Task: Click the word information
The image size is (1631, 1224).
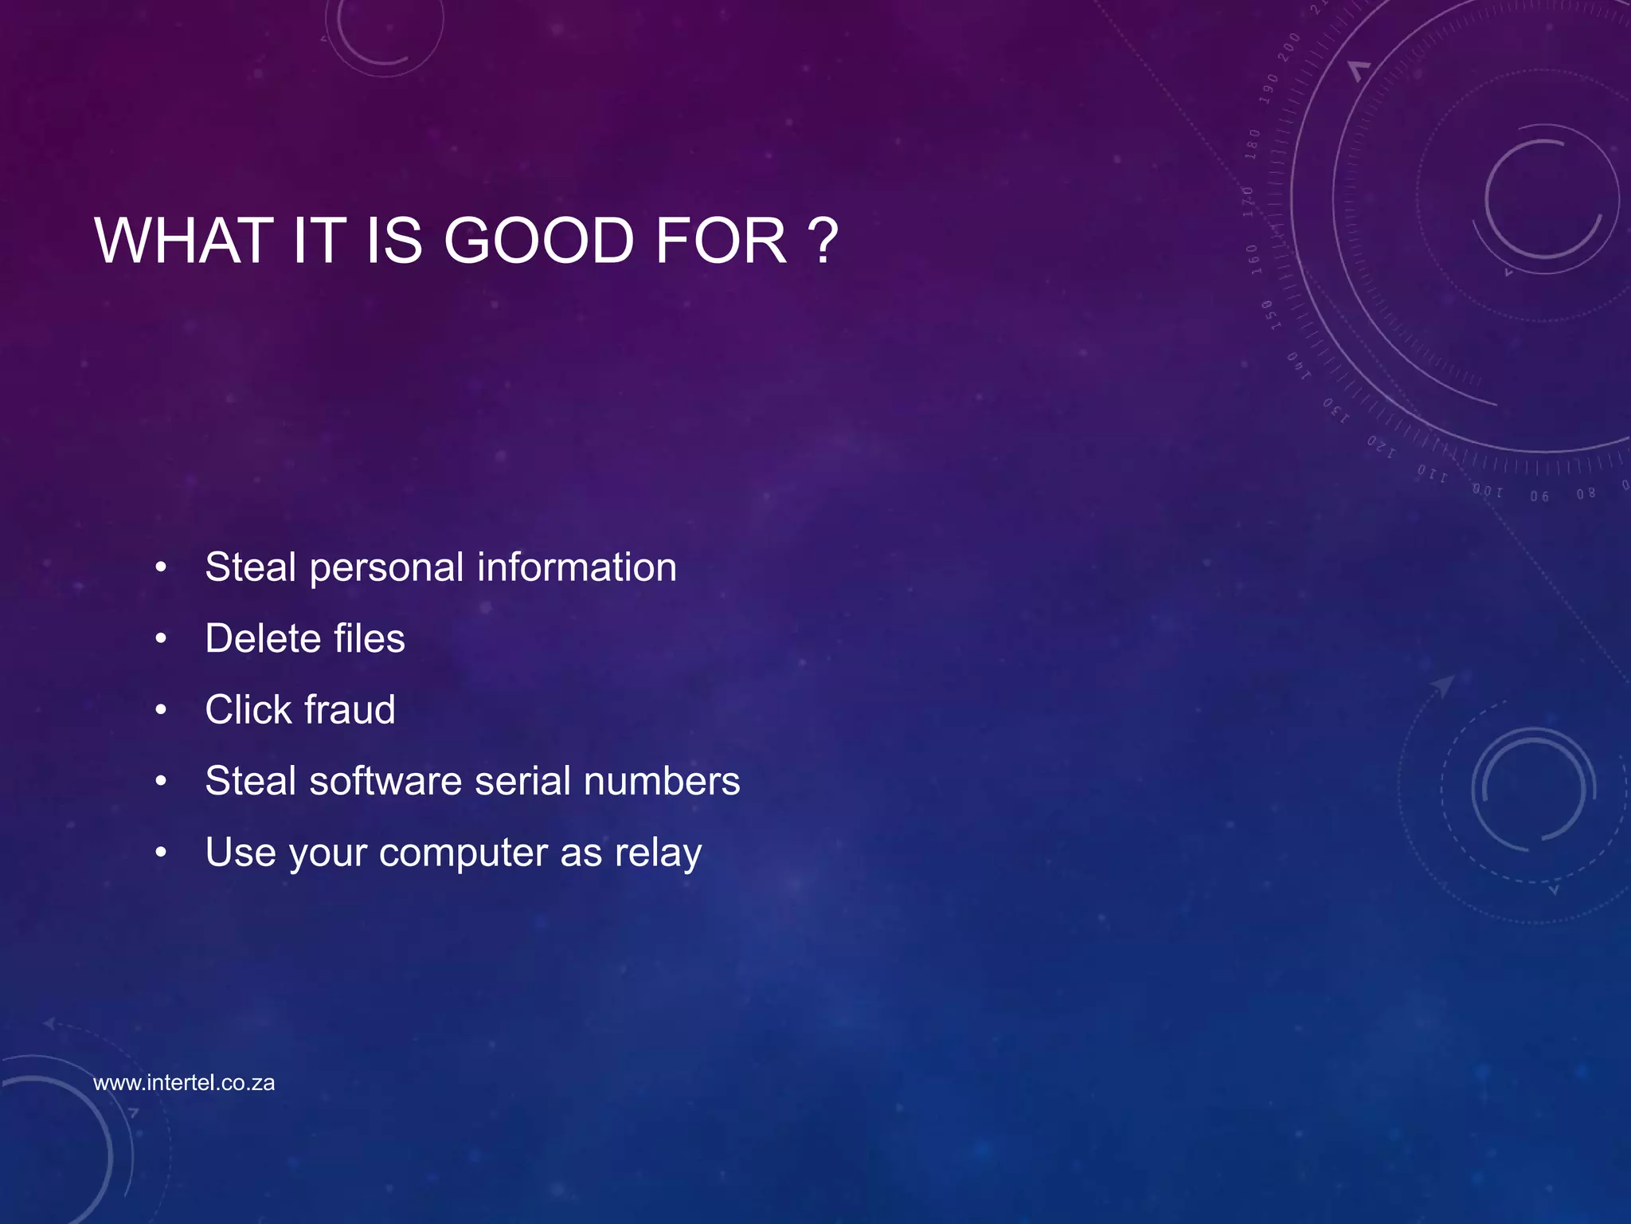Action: pos(577,567)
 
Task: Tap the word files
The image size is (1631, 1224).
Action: pos(369,638)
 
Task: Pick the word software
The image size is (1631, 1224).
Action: pos(385,781)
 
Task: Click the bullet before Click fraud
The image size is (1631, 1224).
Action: pos(161,709)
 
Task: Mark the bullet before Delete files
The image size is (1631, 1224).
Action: pos(161,638)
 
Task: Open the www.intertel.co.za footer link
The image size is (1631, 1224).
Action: pos(184,1083)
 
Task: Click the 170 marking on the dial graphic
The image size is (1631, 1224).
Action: pos(1248,202)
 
